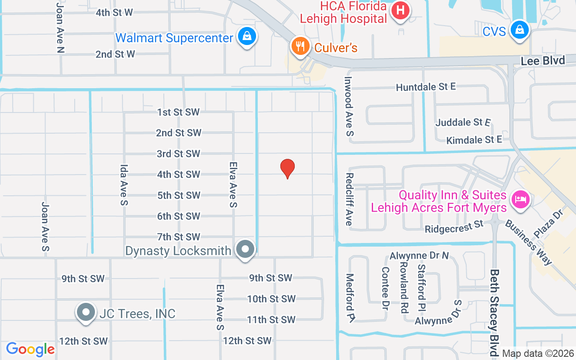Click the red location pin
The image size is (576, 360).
pos(288,169)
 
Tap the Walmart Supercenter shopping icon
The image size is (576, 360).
pos(247,36)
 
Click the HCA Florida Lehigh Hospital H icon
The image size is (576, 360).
pos(400,10)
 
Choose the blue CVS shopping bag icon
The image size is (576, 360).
pos(520,30)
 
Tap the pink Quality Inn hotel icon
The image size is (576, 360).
pos(521,198)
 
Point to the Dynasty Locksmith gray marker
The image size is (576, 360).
pos(246,249)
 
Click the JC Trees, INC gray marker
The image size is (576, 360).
pos(85,312)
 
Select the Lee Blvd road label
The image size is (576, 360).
pos(543,61)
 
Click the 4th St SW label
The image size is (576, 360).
pos(179,174)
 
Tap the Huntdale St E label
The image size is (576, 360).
pos(426,87)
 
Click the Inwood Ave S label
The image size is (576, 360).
pos(349,106)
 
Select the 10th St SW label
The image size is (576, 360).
pos(271,299)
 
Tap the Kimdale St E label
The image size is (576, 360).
pos(474,140)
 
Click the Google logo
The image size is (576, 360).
pos(30,349)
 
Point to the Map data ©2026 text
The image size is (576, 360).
pos(538,353)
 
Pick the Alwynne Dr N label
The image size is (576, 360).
pos(419,256)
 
